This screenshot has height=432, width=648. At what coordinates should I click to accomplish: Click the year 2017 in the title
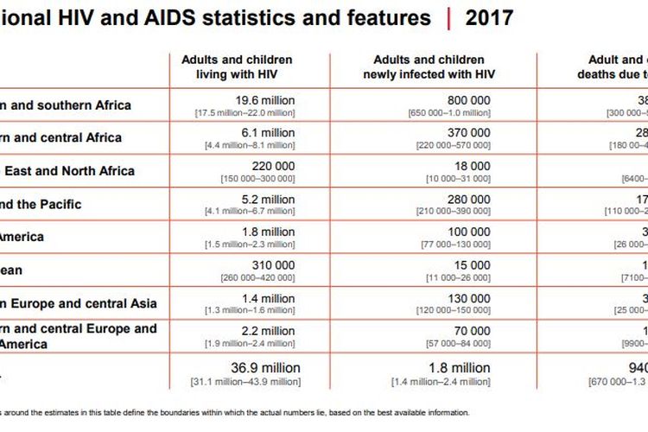click(x=489, y=18)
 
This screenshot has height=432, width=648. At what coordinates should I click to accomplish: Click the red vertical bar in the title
click(x=448, y=18)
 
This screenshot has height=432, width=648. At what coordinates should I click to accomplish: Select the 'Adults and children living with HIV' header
click(x=237, y=67)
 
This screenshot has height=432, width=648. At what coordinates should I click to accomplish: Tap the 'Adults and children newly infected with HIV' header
click(x=429, y=67)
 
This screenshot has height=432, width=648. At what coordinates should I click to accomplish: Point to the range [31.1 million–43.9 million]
click(x=246, y=381)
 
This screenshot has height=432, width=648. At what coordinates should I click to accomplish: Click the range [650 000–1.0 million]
click(x=449, y=113)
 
